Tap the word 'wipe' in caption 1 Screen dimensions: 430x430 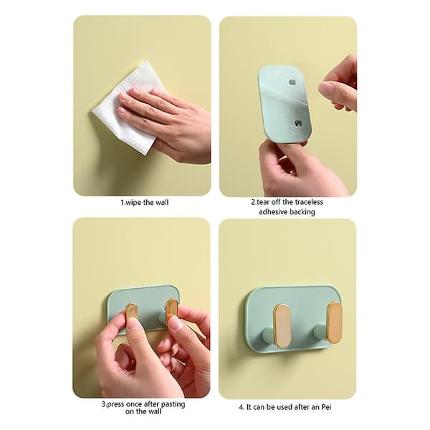133,203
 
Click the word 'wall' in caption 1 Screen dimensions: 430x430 162,203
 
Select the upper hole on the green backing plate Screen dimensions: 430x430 292,82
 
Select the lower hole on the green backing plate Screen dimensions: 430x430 297,124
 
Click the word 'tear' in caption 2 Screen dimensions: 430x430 263,202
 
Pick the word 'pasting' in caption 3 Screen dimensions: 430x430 173,405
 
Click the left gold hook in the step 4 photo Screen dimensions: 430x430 282,325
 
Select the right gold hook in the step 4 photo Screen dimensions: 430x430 335,322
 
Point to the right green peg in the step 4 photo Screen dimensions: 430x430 320,331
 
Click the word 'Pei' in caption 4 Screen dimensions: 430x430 325,407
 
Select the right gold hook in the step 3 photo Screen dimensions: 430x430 172,308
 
